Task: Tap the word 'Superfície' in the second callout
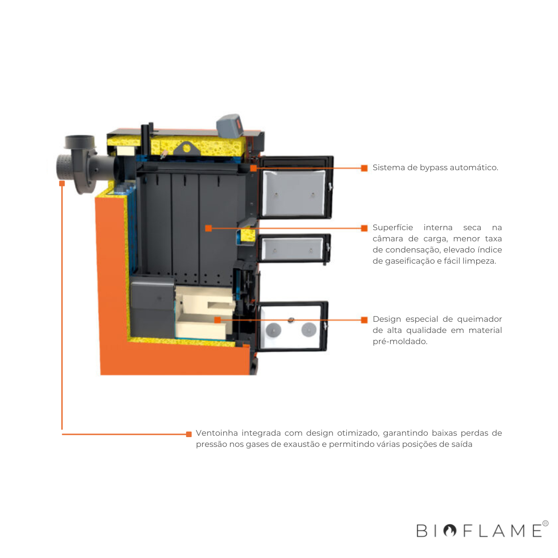[x=392, y=227]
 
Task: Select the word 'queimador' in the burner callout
[x=479, y=319]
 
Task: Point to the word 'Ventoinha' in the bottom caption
[x=216, y=433]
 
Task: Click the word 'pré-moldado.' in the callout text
[x=400, y=341]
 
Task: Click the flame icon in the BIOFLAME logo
[x=450, y=531]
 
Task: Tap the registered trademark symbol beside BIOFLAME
[x=545, y=524]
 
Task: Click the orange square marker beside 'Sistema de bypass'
[x=364, y=168]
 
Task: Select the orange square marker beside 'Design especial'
[x=364, y=319]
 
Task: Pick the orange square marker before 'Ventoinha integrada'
[x=189, y=434]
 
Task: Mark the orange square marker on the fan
[x=62, y=183]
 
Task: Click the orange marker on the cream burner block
[x=217, y=320]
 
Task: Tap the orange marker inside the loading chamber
[x=208, y=228]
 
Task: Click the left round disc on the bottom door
[x=273, y=330]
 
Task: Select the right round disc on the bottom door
[x=308, y=329]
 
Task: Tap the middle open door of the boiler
[x=293, y=249]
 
